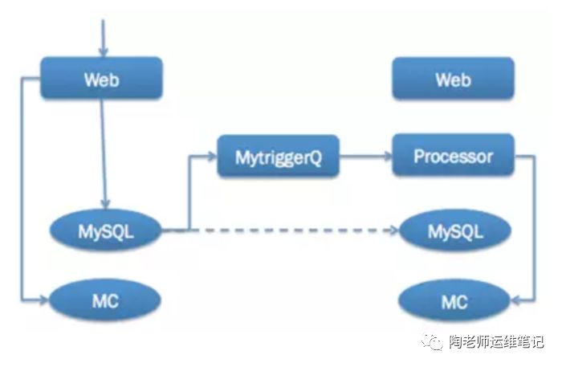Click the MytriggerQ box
pyautogui.click(x=279, y=156)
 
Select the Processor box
pyautogui.click(x=453, y=156)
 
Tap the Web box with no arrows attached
pyautogui.click(x=453, y=80)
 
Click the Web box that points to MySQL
pyautogui.click(x=101, y=79)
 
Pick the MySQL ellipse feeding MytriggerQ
pyautogui.click(x=106, y=231)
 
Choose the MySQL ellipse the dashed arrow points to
pyautogui.click(x=454, y=231)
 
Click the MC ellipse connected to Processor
pyautogui.click(x=454, y=302)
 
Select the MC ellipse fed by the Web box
pyautogui.click(x=106, y=302)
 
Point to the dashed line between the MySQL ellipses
pyautogui.click(x=281, y=231)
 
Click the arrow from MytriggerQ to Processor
pyautogui.click(x=365, y=157)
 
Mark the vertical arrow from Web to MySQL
pyautogui.click(x=104, y=153)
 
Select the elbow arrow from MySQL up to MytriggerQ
pyautogui.click(x=189, y=193)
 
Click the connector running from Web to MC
pyautogui.click(x=22, y=193)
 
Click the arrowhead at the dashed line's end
pyautogui.click(x=393, y=231)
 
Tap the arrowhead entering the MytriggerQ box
pyautogui.click(x=212, y=157)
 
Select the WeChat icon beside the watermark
pyautogui.click(x=434, y=342)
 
